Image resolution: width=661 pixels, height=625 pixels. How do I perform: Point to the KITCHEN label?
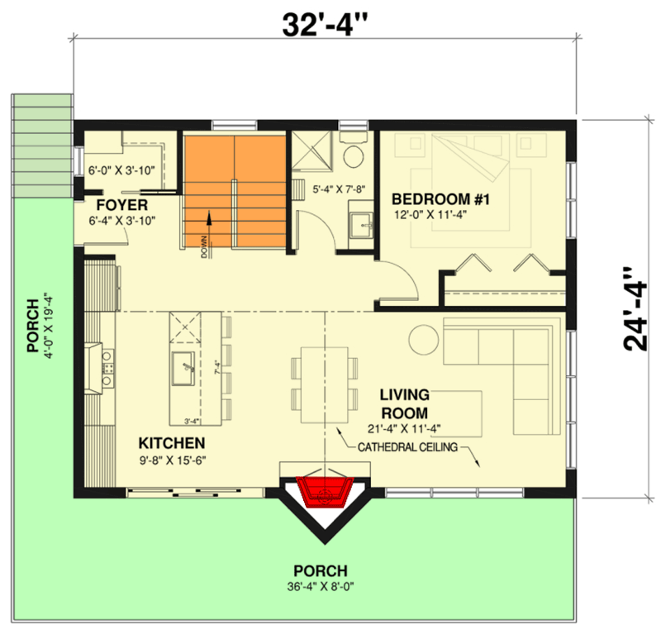coord(171,442)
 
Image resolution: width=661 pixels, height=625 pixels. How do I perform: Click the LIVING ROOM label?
coord(403,405)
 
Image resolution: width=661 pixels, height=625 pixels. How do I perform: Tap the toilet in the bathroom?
coord(355,155)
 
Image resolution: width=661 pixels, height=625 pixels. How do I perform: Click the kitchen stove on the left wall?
coord(106,368)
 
